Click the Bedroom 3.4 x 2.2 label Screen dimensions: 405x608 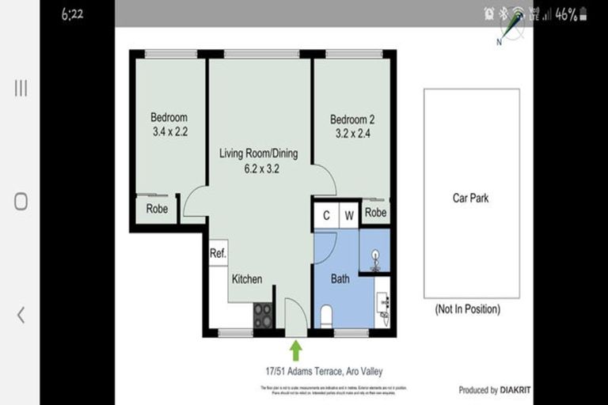pyautogui.click(x=169, y=125)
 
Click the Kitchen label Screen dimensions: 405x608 pyautogui.click(x=246, y=279)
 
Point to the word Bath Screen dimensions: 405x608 pyautogui.click(x=340, y=279)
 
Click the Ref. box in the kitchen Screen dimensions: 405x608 pyautogui.click(x=218, y=253)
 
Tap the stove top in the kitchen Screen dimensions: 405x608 pyautogui.click(x=263, y=315)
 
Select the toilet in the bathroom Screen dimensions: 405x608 pyautogui.click(x=325, y=316)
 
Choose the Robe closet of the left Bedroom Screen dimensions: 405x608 pyautogui.click(x=157, y=209)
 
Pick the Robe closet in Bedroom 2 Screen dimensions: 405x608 pyautogui.click(x=375, y=213)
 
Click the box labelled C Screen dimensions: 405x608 pyautogui.click(x=325, y=214)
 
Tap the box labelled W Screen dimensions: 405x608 pyautogui.click(x=348, y=214)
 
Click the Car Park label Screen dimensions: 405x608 pyautogui.click(x=470, y=199)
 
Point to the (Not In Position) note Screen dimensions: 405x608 pyautogui.click(x=468, y=309)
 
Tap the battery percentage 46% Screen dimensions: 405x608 pyautogui.click(x=565, y=14)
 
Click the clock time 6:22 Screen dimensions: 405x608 pyautogui.click(x=72, y=14)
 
